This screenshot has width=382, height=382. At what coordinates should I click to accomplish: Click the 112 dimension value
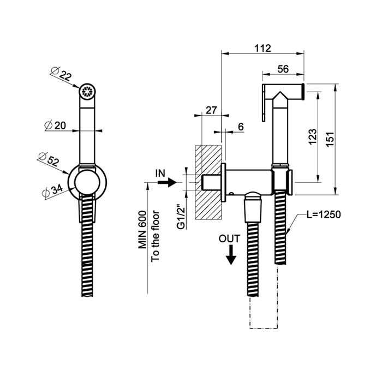click(262, 48)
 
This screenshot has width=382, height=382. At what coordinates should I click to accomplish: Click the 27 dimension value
click(212, 110)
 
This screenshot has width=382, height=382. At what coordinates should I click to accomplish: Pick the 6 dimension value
click(241, 126)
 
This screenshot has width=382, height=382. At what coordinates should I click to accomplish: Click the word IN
click(160, 173)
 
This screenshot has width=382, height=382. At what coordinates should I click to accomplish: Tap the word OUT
click(229, 238)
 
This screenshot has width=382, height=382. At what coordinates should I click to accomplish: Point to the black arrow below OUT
click(231, 254)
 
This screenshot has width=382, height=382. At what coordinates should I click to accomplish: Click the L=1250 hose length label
click(323, 214)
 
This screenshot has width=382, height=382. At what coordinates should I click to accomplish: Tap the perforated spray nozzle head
click(87, 91)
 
